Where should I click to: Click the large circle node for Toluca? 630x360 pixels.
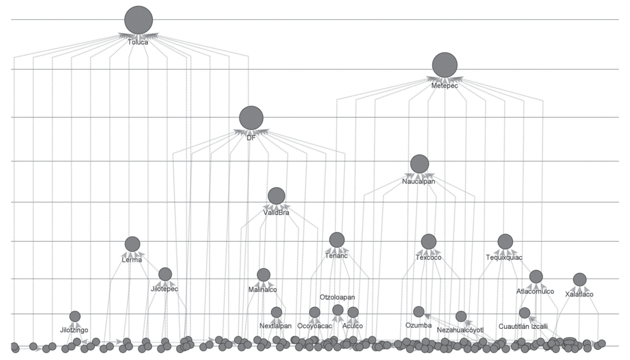click(138, 20)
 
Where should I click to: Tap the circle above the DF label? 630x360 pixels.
click(251, 118)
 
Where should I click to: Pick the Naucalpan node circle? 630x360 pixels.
click(419, 164)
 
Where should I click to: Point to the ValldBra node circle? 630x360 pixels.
click(276, 196)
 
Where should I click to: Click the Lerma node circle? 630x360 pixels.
click(132, 244)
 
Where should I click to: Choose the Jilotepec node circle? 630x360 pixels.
click(165, 274)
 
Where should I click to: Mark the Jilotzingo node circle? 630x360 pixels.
click(75, 317)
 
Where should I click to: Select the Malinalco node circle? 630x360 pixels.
click(263, 275)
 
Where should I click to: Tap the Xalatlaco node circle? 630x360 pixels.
click(579, 279)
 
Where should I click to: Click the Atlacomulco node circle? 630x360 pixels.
click(535, 277)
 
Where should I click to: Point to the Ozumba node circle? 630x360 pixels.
click(419, 312)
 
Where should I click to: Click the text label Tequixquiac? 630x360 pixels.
click(504, 258)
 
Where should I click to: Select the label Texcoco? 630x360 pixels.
click(428, 258)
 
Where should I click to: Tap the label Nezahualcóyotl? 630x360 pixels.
click(461, 329)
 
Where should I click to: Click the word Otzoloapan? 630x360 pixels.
click(337, 297)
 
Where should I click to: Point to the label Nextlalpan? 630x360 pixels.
click(275, 326)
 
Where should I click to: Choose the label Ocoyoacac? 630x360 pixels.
click(315, 326)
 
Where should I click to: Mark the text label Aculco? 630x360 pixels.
click(352, 326)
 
